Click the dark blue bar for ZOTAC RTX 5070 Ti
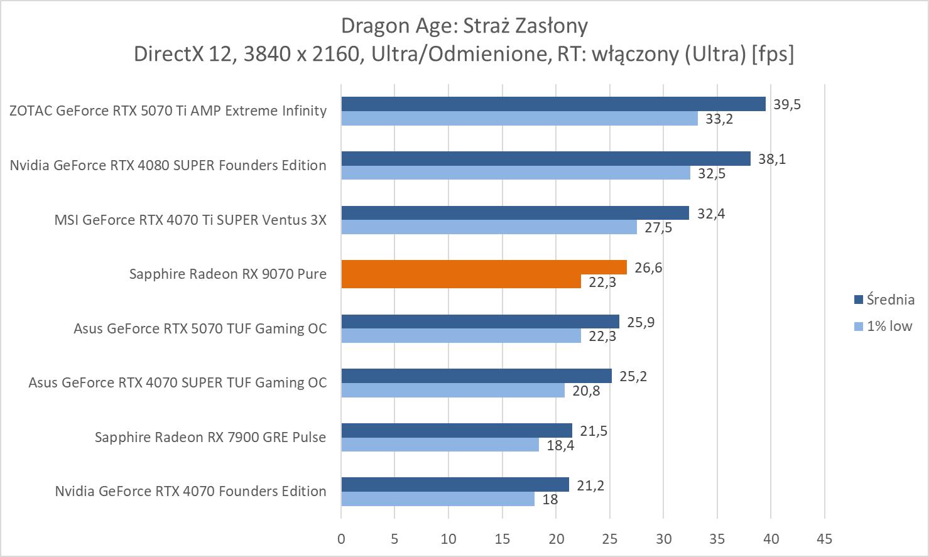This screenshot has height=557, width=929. click(553, 104)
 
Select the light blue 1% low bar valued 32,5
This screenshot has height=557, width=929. click(515, 173)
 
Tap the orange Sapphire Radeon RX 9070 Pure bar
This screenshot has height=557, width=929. click(484, 268)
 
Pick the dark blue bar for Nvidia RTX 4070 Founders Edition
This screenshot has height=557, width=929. click(455, 484)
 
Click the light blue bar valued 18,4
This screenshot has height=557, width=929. click(440, 445)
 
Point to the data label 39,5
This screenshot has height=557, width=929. click(787, 104)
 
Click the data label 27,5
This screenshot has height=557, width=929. click(658, 227)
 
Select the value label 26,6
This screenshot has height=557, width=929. click(648, 268)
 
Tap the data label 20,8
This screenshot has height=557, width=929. click(586, 391)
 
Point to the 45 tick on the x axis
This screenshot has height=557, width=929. click(824, 538)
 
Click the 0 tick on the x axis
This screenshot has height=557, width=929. click(341, 538)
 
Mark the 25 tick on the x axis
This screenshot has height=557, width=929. click(609, 538)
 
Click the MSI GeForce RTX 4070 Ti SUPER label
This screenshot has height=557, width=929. click(190, 220)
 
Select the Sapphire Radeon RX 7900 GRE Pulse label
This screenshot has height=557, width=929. click(210, 437)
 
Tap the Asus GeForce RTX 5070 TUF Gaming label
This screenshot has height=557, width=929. click(200, 328)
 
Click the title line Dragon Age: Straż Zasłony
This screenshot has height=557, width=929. click(464, 26)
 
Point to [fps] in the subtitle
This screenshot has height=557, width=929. click(773, 54)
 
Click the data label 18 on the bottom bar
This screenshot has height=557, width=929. click(550, 500)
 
